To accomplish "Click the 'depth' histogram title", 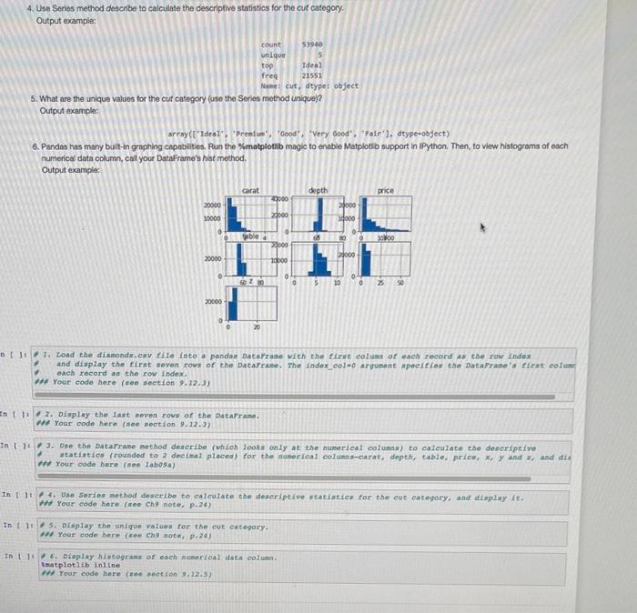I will [318, 191].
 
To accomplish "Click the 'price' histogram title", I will [385, 191].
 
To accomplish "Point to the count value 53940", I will [315, 45].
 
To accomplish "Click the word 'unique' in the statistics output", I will [273, 55].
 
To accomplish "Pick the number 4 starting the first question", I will [30, 8].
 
